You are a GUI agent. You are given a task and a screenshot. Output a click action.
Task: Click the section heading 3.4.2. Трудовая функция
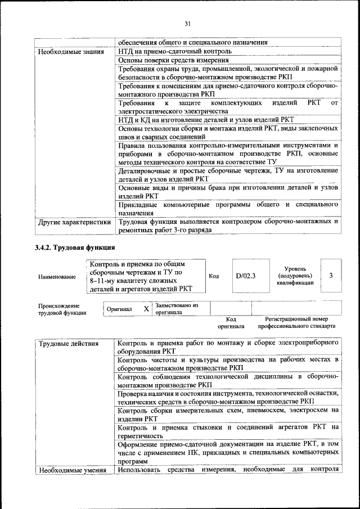pyautogui.click(x=75, y=247)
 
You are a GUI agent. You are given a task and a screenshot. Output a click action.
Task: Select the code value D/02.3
pyautogui.click(x=245, y=276)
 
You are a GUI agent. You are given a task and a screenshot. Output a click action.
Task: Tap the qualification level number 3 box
pyautogui.click(x=331, y=276)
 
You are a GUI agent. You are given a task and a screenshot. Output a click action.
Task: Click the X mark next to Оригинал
pyautogui.click(x=146, y=309)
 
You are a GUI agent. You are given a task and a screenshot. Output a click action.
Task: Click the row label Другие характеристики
pyautogui.click(x=74, y=222)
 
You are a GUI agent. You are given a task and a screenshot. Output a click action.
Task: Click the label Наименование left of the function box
pyautogui.click(x=57, y=277)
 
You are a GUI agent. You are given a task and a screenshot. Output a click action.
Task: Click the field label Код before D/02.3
pyautogui.click(x=214, y=276)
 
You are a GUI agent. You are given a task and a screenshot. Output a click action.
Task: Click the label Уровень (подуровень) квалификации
pyautogui.click(x=291, y=276)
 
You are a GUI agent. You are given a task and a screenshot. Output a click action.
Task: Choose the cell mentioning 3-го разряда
pyautogui.click(x=228, y=226)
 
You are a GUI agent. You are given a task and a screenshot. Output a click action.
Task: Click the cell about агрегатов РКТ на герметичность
pyautogui.click(x=228, y=431)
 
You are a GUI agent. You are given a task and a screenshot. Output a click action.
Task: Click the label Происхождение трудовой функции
pyautogui.click(x=62, y=309)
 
